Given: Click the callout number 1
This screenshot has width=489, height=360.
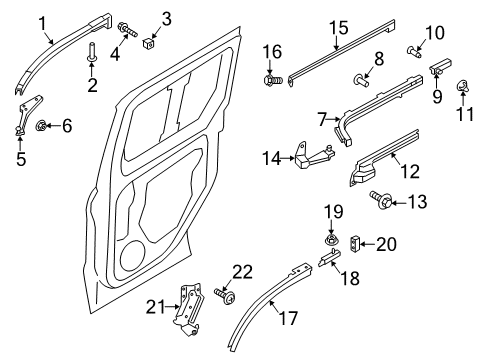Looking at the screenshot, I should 43,21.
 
